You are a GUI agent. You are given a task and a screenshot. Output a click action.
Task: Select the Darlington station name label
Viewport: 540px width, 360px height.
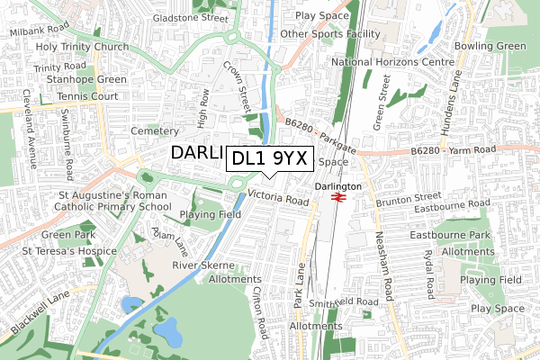coord(339,185)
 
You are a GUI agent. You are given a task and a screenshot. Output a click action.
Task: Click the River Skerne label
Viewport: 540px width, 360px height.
coord(202,265)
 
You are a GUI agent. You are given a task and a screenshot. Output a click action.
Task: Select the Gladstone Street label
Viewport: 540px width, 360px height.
coord(190,17)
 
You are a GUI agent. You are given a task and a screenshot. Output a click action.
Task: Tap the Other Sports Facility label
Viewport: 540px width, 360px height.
coord(330,34)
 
